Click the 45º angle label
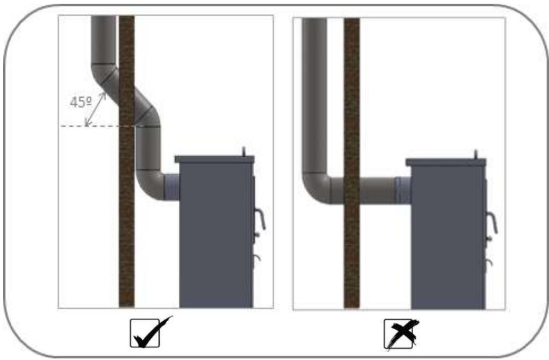tap(81, 102)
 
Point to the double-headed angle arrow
tap(95, 109)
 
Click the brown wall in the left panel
tap(127, 161)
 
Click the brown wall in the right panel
tap(351, 163)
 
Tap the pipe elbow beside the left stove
tap(149, 186)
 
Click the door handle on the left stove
tap(260, 219)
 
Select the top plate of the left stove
tap(215, 159)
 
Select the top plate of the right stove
tap(445, 162)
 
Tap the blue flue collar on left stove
tap(171, 187)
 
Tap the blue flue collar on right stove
tap(402, 191)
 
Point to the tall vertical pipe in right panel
tap(314, 95)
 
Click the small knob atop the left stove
tap(244, 152)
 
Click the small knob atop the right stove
tap(476, 155)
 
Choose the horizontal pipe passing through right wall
tap(363, 191)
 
